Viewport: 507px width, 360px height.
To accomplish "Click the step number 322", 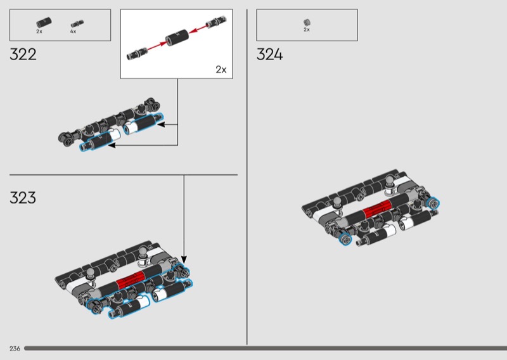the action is (x=23, y=55).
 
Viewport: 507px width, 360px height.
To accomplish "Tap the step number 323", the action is (x=23, y=198).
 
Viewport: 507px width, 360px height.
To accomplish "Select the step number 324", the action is (x=270, y=55).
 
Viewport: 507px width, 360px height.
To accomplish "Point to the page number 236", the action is (x=15, y=349).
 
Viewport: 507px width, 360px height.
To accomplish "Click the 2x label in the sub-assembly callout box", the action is (x=221, y=70).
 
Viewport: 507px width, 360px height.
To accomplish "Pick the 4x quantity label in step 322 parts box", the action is (x=73, y=32).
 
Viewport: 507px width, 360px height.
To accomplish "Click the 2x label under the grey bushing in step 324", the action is (x=307, y=29).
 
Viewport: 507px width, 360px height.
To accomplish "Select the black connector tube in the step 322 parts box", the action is (x=44, y=23).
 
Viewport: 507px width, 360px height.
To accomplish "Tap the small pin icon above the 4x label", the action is (x=77, y=23).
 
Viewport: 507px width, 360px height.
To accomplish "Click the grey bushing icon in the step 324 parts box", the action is (x=307, y=22).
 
